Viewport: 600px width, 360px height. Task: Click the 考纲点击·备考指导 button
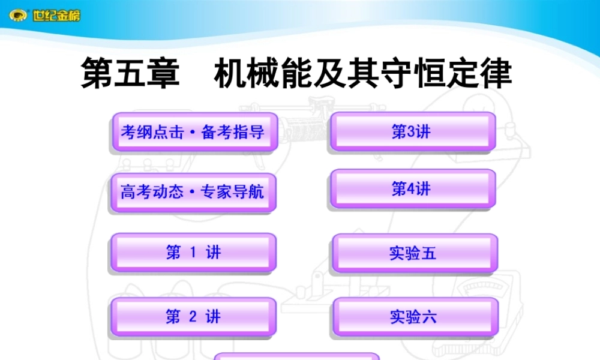click(x=193, y=132)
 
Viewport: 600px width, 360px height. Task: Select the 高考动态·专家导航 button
click(x=193, y=192)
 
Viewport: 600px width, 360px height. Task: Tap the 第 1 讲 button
click(x=193, y=253)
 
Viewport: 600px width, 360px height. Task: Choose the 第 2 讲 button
click(x=193, y=317)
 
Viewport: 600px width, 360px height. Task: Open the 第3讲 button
click(x=412, y=131)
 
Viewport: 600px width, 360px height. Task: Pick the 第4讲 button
click(x=412, y=189)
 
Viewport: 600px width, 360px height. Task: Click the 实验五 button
click(x=413, y=253)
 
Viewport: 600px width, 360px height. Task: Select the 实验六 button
click(x=415, y=317)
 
